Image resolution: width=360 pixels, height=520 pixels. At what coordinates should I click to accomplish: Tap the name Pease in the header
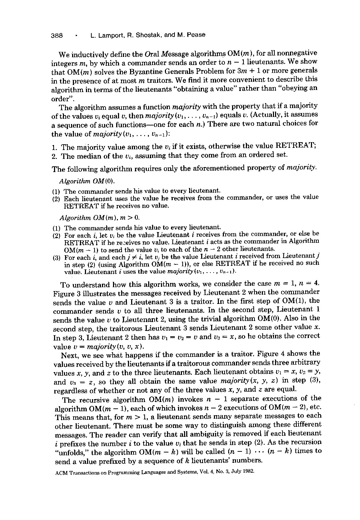coord(196,35)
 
